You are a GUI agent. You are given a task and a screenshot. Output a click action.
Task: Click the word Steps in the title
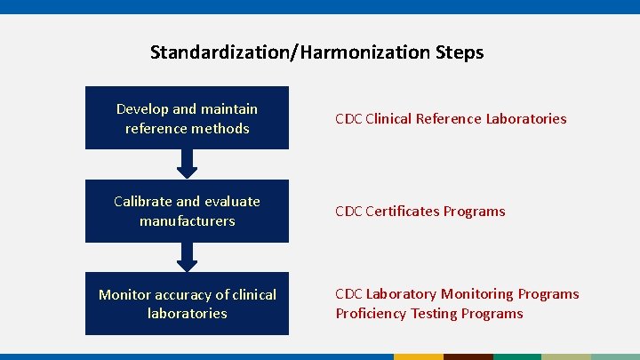[x=460, y=52]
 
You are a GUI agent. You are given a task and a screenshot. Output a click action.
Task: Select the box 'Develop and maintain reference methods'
[x=187, y=118]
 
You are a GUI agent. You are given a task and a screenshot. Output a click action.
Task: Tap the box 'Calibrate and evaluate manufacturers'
[x=187, y=212]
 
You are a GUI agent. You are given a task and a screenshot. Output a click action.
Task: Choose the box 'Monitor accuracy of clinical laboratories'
[x=187, y=304]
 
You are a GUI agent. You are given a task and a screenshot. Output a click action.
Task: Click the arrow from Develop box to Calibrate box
[x=187, y=164]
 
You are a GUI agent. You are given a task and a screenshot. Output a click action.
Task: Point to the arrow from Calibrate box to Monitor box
[x=187, y=257]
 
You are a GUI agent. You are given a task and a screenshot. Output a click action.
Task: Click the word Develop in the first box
[x=142, y=109]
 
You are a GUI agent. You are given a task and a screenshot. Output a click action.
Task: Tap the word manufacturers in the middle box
[x=187, y=220]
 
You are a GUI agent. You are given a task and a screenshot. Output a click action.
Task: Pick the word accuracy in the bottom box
[x=186, y=294]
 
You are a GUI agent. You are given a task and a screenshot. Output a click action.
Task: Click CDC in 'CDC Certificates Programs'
[x=348, y=212]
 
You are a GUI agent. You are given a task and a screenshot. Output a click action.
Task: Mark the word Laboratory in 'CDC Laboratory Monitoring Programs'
[x=401, y=294]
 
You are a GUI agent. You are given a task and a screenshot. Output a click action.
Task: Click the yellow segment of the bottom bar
[x=418, y=356]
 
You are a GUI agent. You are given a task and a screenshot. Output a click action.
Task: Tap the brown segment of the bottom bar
[x=468, y=356]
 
